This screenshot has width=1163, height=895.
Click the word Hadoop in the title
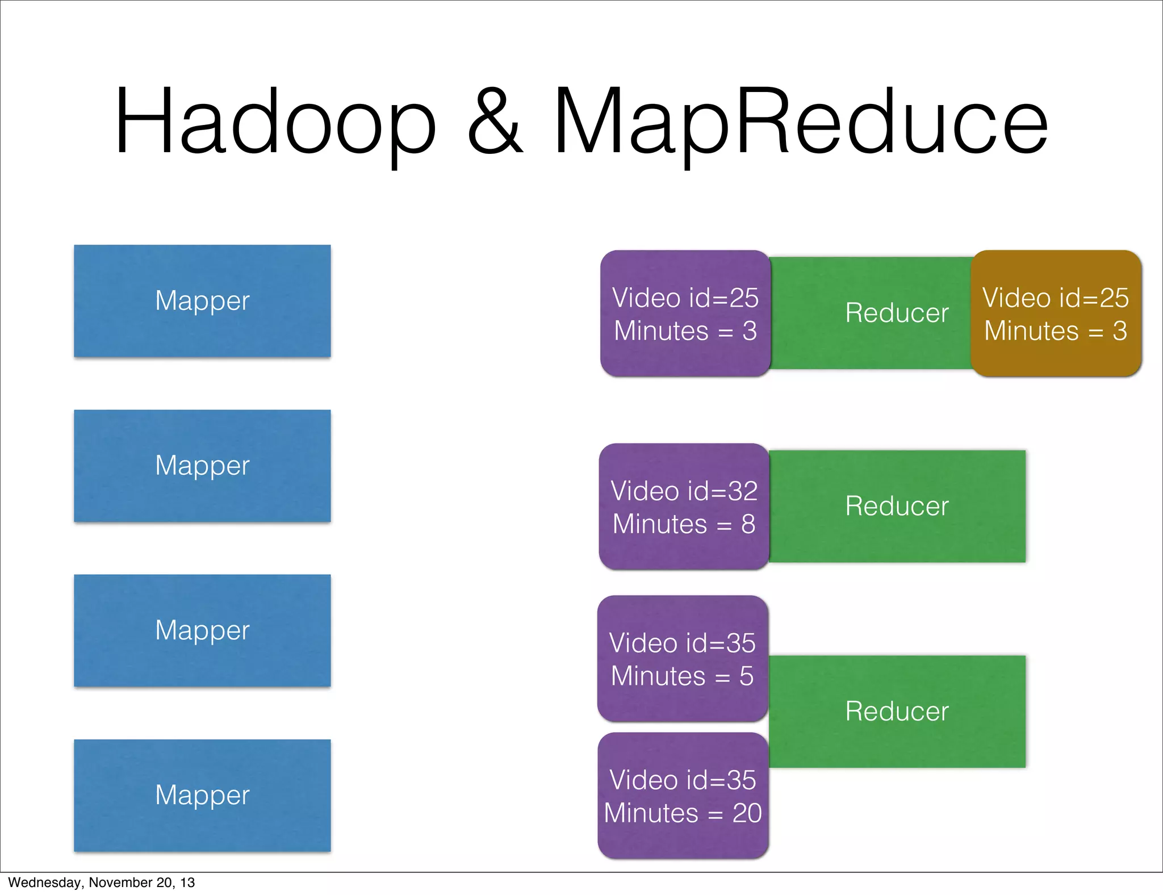pyautogui.click(x=275, y=122)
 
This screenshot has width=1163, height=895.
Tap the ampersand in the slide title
pyautogui.click(x=494, y=122)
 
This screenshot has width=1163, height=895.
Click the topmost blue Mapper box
pyautogui.click(x=202, y=301)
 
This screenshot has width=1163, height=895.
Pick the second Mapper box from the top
pyautogui.click(x=202, y=466)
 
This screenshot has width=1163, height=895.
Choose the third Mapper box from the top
pyautogui.click(x=202, y=630)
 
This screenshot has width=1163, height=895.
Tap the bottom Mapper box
pyautogui.click(x=202, y=795)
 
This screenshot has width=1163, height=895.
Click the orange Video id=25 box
pyautogui.click(x=1056, y=313)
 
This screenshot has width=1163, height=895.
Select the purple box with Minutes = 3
pyautogui.click(x=685, y=313)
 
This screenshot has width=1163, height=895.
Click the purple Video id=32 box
pyautogui.click(x=684, y=507)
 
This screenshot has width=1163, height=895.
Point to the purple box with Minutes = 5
pyautogui.click(x=683, y=659)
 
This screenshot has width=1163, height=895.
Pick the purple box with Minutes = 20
pyautogui.click(x=683, y=796)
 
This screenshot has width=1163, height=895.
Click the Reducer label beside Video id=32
pyautogui.click(x=897, y=506)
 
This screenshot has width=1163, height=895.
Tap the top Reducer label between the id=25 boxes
pyautogui.click(x=897, y=313)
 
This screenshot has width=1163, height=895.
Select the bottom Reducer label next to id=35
pyautogui.click(x=897, y=712)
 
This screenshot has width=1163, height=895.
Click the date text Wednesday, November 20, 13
pyautogui.click(x=101, y=883)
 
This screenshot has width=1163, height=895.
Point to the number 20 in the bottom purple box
pyautogui.click(x=747, y=813)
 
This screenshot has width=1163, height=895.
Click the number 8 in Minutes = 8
pyautogui.click(x=748, y=524)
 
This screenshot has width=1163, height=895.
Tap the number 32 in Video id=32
pyautogui.click(x=743, y=491)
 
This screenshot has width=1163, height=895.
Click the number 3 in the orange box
pyautogui.click(x=1119, y=331)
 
